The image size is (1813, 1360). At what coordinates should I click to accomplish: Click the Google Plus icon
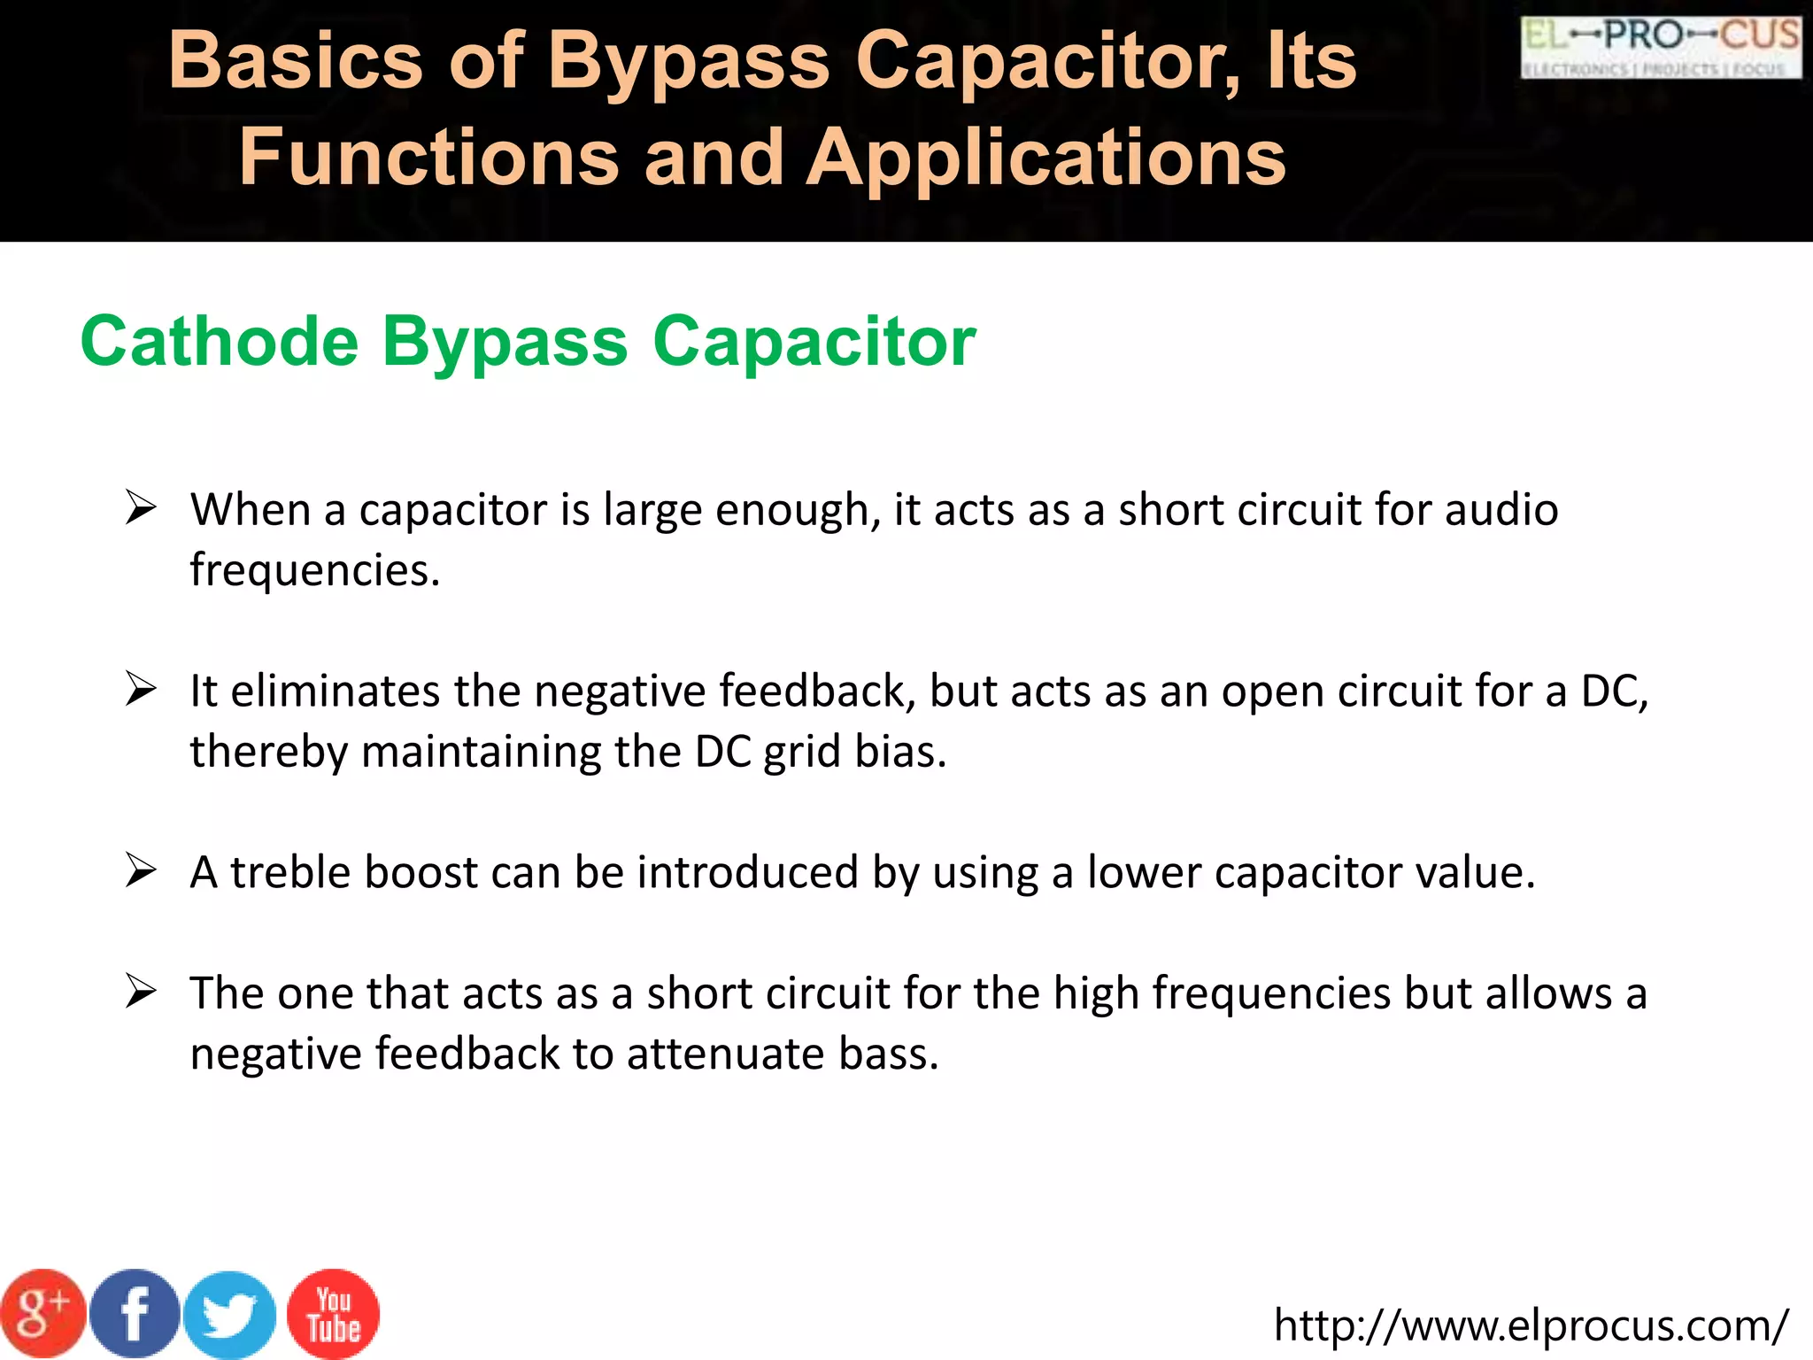click(42, 1314)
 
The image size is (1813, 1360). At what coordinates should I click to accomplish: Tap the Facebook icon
click(135, 1314)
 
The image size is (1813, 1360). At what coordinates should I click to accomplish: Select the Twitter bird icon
click(230, 1316)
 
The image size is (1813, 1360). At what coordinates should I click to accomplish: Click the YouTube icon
click(334, 1314)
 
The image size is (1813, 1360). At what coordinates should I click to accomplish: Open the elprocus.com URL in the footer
click(1531, 1325)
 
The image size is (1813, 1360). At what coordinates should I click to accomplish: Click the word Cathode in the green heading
click(220, 342)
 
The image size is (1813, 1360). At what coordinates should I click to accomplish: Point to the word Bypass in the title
click(690, 62)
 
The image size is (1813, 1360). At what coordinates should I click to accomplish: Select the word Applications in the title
click(1045, 158)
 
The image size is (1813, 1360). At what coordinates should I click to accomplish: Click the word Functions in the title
click(429, 158)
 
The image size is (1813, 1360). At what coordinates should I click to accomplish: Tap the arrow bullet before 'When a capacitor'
click(141, 508)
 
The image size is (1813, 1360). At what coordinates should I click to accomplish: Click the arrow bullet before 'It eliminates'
click(141, 690)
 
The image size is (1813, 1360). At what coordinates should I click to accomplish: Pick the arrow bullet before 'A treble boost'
click(141, 870)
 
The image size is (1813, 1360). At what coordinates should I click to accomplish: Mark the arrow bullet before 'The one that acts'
click(141, 991)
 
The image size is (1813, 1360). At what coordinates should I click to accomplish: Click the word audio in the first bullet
click(1501, 510)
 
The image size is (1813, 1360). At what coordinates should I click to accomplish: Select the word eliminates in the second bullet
click(335, 692)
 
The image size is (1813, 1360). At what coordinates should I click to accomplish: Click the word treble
click(291, 872)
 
